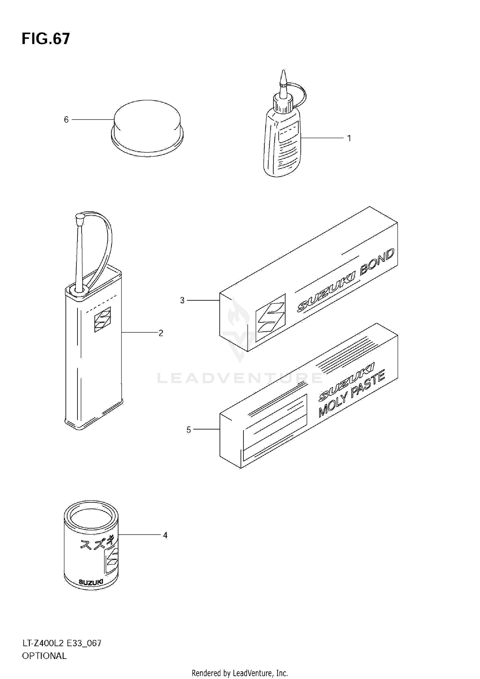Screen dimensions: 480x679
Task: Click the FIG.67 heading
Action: click(46, 39)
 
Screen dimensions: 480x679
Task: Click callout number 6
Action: click(66, 120)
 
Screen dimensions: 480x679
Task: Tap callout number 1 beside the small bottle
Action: click(349, 138)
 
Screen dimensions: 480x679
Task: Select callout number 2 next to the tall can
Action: click(161, 333)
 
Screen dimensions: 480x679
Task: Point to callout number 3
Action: click(182, 300)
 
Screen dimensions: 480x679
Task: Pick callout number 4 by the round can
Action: click(165, 535)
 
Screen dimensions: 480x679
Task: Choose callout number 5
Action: click(189, 430)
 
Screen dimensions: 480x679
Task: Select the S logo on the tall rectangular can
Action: click(102, 320)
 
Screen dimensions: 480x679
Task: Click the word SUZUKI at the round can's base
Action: click(91, 582)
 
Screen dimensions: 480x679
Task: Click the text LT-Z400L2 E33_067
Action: click(61, 643)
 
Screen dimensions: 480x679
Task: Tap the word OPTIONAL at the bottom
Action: click(44, 656)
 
